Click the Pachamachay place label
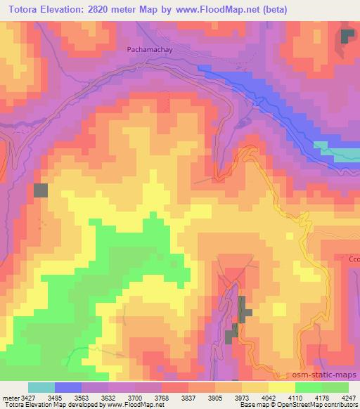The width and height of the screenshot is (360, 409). tap(149, 50)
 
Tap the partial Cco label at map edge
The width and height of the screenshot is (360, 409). tap(354, 259)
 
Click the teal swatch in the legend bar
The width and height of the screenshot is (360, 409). tap(41, 387)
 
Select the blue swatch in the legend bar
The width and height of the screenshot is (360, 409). tap(68, 387)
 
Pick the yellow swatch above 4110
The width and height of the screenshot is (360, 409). tap(281, 387)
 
